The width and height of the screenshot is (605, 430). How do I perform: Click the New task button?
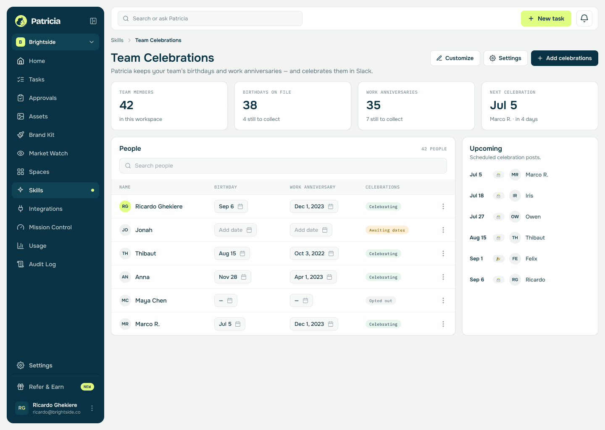pos(546,18)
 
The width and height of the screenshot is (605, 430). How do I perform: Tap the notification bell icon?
pos(584,18)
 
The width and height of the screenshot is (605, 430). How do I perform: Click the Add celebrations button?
pos(564,58)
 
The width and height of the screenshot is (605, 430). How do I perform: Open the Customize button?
pos(455,58)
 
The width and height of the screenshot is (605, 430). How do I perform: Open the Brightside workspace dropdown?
pos(55,42)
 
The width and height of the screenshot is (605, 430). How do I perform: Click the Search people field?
pos(283,166)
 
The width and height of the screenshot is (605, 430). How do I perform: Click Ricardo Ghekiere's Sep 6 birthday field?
pos(231,207)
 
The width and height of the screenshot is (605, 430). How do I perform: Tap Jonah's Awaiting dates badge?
pos(387,230)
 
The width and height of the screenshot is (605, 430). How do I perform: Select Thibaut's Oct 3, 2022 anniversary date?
pos(314,254)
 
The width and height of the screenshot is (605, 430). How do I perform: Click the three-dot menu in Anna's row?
pos(443,277)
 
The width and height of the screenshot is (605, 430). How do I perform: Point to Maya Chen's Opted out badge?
pos(381,301)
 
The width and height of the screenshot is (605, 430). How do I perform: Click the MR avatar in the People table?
pos(125,324)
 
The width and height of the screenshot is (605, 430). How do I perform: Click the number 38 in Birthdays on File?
pos(250,105)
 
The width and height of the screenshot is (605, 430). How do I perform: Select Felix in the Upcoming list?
pos(531,259)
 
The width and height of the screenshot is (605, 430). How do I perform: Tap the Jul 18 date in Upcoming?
pos(476,196)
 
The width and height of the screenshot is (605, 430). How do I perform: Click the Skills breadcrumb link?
pos(117,40)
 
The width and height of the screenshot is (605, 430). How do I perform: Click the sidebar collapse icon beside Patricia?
pos(93,21)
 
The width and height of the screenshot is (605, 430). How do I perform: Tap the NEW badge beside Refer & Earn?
pos(87,387)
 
